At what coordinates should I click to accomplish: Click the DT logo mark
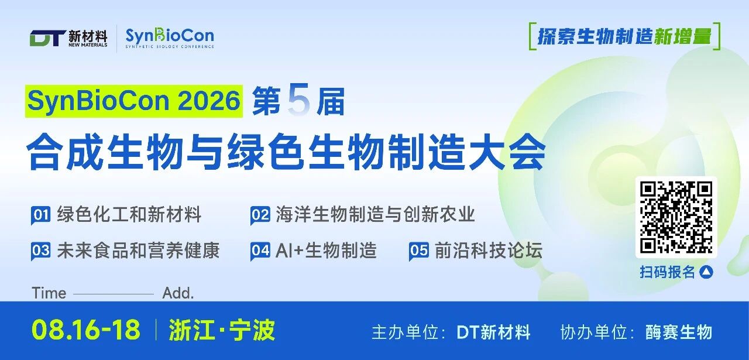pyautogui.click(x=48, y=38)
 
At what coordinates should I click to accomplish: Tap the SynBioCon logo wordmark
pyautogui.click(x=170, y=36)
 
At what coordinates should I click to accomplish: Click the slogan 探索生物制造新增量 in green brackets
pyautogui.click(x=624, y=36)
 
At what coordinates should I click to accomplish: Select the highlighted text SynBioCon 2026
pyautogui.click(x=134, y=101)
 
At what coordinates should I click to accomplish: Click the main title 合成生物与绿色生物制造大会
pyautogui.click(x=286, y=152)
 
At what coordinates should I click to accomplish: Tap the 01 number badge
pyautogui.click(x=41, y=215)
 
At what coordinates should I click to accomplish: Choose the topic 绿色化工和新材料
pyautogui.click(x=129, y=214)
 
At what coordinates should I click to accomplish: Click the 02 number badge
pyautogui.click(x=260, y=215)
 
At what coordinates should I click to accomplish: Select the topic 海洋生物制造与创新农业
pyautogui.click(x=375, y=214)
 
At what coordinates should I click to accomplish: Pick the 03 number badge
pyautogui.click(x=41, y=251)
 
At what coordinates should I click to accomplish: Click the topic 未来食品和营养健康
pyautogui.click(x=138, y=251)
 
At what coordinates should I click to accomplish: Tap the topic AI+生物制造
pyautogui.click(x=326, y=251)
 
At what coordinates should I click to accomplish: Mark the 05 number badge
pyautogui.click(x=418, y=251)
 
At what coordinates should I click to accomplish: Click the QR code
pyautogui.click(x=676, y=217)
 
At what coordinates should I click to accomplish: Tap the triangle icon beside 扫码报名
pyautogui.click(x=706, y=272)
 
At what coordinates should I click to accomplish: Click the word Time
pyautogui.click(x=49, y=293)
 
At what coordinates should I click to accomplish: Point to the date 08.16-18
pyautogui.click(x=86, y=330)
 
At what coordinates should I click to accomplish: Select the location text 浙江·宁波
pyautogui.click(x=222, y=330)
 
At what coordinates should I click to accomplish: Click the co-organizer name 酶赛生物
pyautogui.click(x=678, y=332)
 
